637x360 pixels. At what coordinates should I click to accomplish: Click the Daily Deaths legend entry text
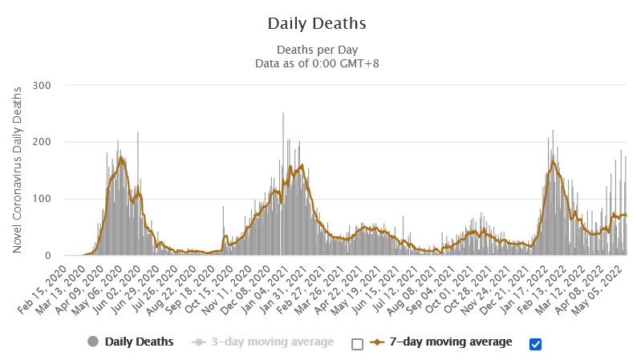pos(140,342)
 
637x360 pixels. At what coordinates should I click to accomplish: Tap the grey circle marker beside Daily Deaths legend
pos(94,342)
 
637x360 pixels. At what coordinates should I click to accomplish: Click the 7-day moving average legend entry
pos(451,342)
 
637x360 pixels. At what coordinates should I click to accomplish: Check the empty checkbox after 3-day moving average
pos(358,344)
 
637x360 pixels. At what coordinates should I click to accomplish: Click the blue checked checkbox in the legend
pos(536,344)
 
